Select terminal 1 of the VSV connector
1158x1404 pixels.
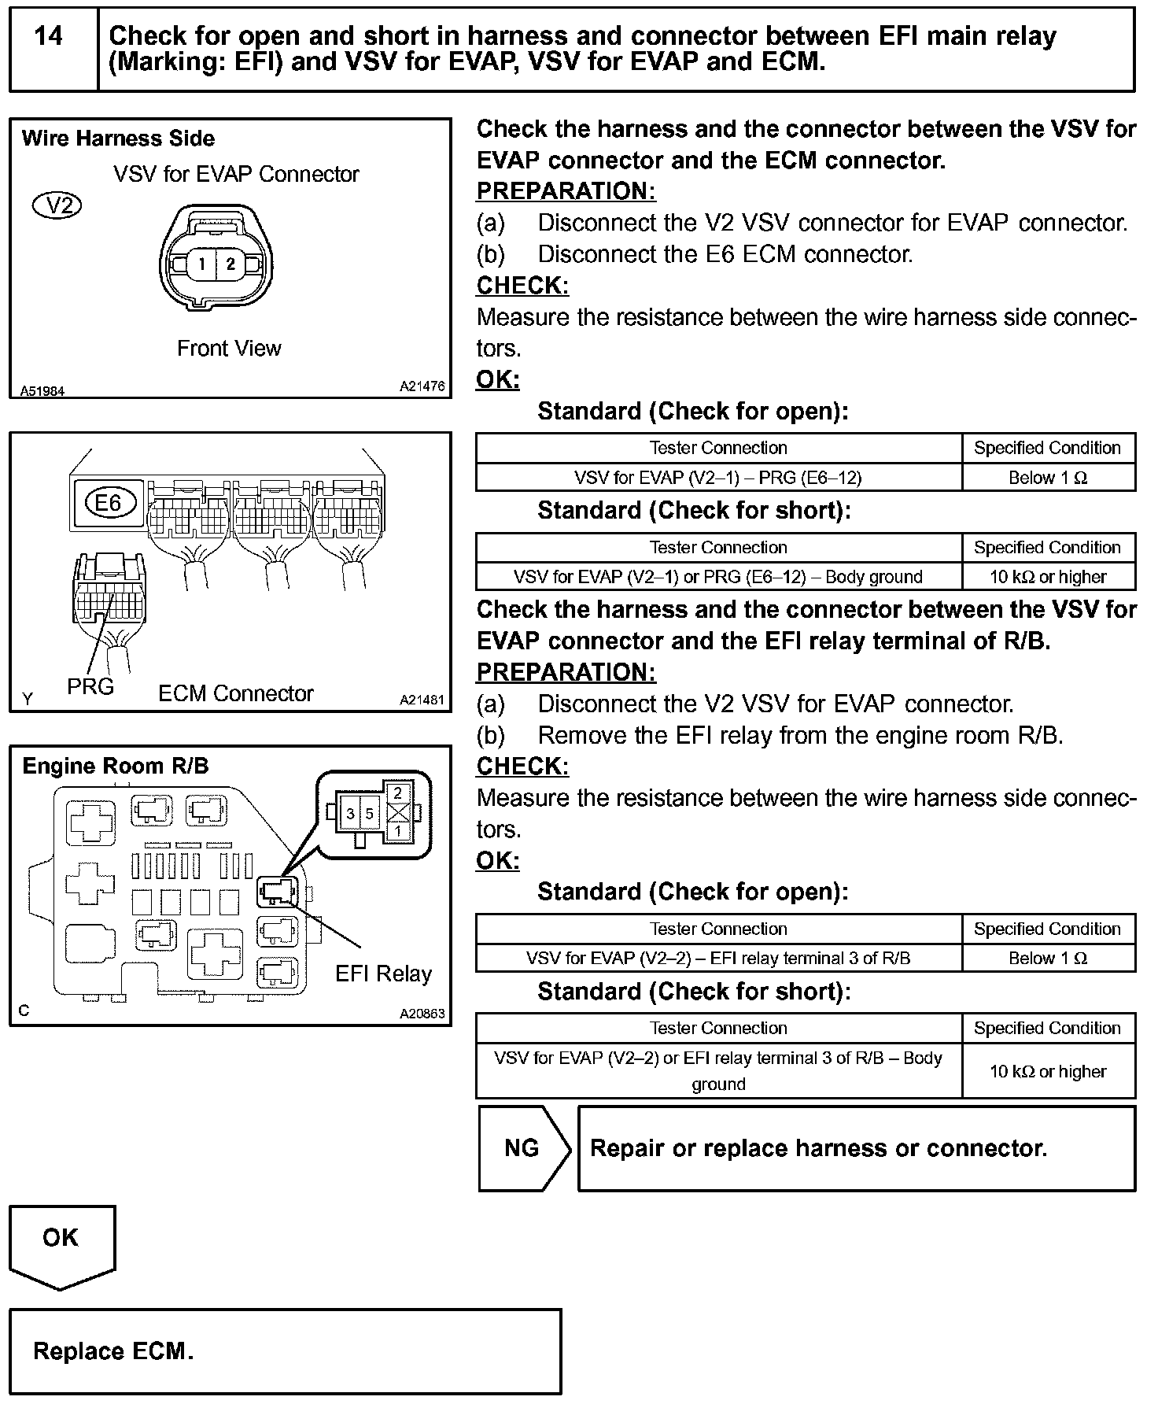click(x=201, y=264)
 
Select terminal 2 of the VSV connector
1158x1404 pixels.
click(x=230, y=264)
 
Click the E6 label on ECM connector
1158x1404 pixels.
click(x=109, y=502)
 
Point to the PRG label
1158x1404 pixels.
click(x=90, y=687)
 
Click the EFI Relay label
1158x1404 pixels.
click(x=383, y=974)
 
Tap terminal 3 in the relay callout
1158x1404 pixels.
click(x=351, y=814)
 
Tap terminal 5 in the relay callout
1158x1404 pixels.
click(x=369, y=814)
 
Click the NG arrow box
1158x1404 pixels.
click(x=522, y=1148)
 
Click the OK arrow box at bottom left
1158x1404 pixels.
click(x=61, y=1238)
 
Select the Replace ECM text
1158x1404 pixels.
click(x=112, y=1352)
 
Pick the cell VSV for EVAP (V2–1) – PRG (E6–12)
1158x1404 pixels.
click(x=718, y=478)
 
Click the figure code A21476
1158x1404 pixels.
click(x=422, y=386)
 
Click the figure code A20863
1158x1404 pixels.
click(x=422, y=1014)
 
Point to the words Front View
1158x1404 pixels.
click(x=229, y=349)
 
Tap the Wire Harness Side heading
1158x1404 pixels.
click(x=118, y=139)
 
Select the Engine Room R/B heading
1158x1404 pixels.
click(x=116, y=767)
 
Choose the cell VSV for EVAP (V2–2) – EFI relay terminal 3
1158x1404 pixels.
click(x=718, y=959)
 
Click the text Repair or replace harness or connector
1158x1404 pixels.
click(x=818, y=1149)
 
